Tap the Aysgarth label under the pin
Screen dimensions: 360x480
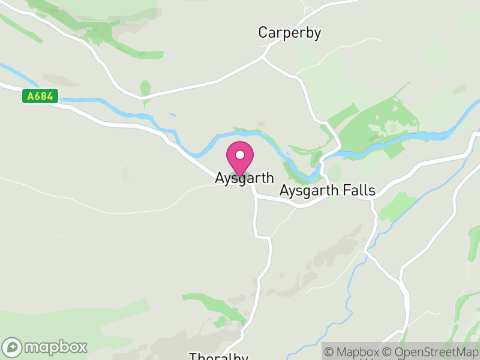(244, 179)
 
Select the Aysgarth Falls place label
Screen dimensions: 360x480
(327, 191)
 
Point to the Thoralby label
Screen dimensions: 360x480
(218, 357)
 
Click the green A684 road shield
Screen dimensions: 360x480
(40, 96)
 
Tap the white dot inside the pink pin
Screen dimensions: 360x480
(240, 155)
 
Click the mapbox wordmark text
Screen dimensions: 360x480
(56, 347)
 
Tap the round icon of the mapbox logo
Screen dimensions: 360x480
(13, 347)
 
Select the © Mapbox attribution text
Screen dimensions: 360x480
(353, 352)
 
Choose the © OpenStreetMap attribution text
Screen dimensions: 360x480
(431, 352)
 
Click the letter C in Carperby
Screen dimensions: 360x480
(263, 32)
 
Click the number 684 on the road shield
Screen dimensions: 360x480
(44, 96)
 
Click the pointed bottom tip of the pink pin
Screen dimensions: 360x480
(240, 176)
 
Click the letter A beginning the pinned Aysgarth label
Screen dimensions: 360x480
(220, 179)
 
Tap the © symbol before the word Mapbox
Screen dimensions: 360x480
(329, 352)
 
